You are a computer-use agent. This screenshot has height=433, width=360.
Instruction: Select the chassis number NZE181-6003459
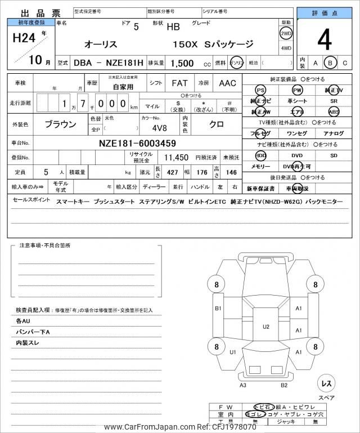[x=137, y=143]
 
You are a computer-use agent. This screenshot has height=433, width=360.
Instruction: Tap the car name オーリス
[x=101, y=44]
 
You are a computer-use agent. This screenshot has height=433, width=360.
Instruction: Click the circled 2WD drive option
[x=285, y=33]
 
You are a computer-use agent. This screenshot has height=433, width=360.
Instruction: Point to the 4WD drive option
[x=285, y=48]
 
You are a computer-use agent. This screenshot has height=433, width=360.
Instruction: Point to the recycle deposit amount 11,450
[x=176, y=158]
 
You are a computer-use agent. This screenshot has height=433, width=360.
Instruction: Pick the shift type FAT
[x=179, y=83]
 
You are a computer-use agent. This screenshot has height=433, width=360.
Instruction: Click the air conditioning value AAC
[x=228, y=83]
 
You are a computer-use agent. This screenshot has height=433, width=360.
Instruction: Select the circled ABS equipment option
[x=334, y=112]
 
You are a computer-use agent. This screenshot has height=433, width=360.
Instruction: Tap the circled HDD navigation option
[x=260, y=155]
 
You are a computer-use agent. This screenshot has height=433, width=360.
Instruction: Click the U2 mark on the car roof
[x=266, y=326]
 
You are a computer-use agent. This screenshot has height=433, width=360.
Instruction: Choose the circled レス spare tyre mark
[x=325, y=383]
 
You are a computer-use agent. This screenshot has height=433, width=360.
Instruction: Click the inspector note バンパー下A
[x=33, y=332]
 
